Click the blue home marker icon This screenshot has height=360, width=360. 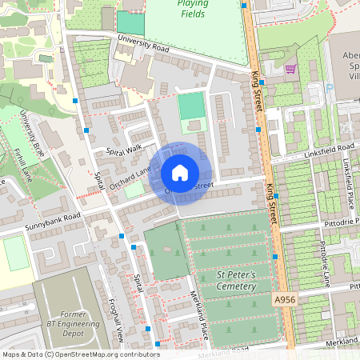(180, 173)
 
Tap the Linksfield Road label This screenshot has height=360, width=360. (328, 150)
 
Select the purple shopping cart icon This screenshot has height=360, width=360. (290, 69)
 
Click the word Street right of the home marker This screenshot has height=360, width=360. (202, 186)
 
